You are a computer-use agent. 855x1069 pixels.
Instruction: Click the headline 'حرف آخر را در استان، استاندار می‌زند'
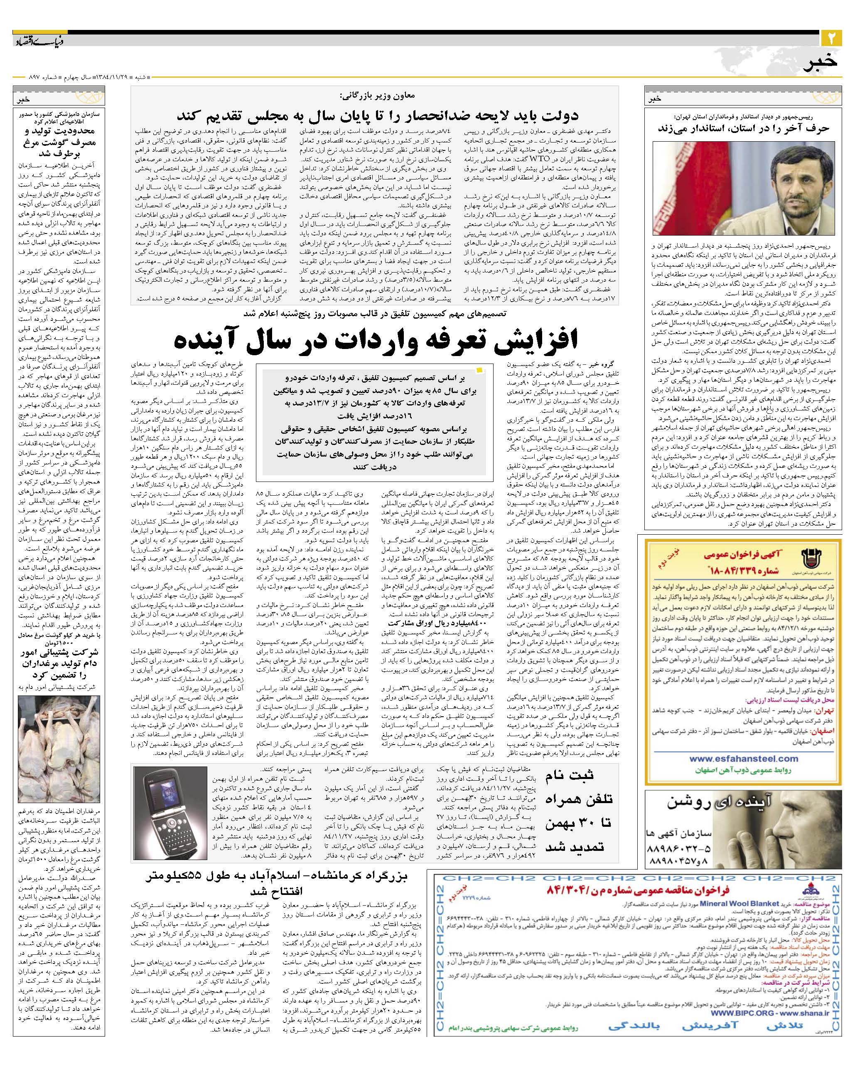click(x=743, y=128)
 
